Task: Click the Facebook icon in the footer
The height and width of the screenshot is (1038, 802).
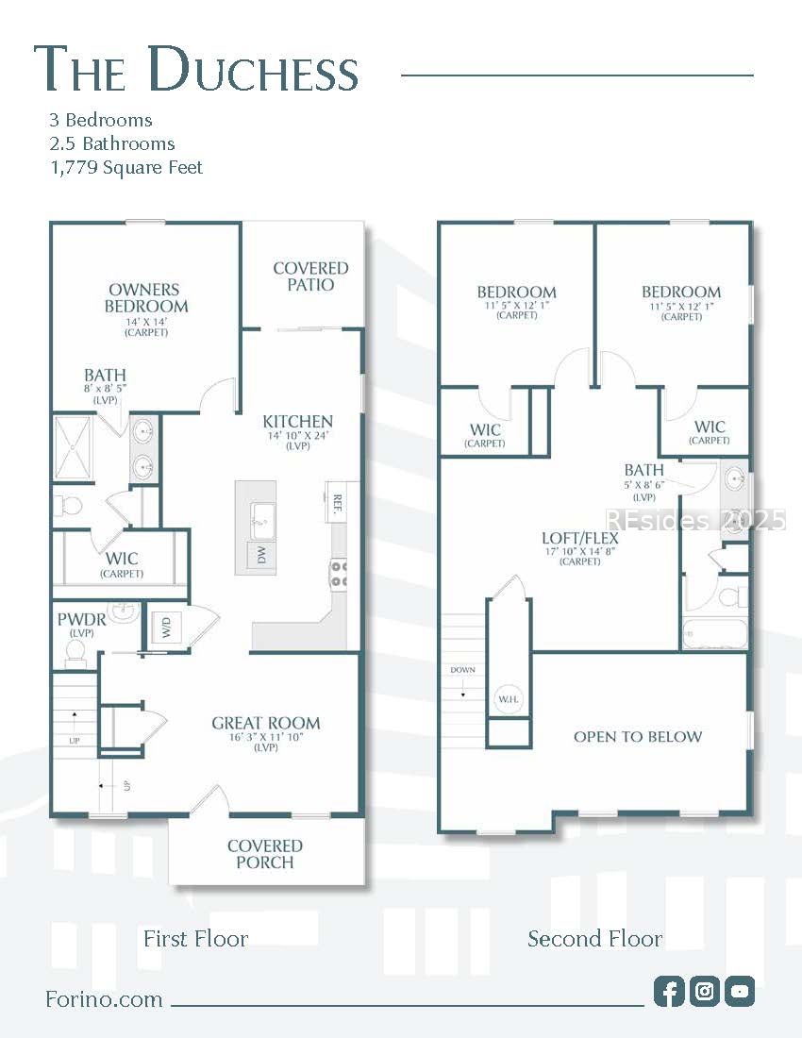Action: [x=669, y=991]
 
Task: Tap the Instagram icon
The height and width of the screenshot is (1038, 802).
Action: [x=705, y=991]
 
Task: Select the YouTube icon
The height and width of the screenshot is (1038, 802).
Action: [x=741, y=991]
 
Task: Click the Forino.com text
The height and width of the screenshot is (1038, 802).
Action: [x=104, y=999]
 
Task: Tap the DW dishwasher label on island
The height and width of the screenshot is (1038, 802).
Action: [x=261, y=556]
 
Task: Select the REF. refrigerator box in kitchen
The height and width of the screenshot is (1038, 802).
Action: [x=337, y=502]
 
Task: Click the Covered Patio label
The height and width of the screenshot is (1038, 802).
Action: [x=310, y=276]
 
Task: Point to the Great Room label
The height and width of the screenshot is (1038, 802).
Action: [x=265, y=724]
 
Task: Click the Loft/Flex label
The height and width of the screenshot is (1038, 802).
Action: [x=580, y=538]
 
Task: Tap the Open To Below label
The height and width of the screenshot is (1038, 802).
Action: [x=638, y=736]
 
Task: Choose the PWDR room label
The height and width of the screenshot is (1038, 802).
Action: [x=80, y=621]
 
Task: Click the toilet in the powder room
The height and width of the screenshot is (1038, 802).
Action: [x=75, y=650]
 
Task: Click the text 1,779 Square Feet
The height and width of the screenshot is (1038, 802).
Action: [x=125, y=168]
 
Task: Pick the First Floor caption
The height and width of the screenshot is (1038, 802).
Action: [x=195, y=939]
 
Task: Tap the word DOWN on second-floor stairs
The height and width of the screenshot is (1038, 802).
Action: [x=463, y=670]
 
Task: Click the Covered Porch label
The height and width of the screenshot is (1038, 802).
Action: [x=265, y=854]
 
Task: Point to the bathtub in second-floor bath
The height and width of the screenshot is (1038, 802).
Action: [x=714, y=633]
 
